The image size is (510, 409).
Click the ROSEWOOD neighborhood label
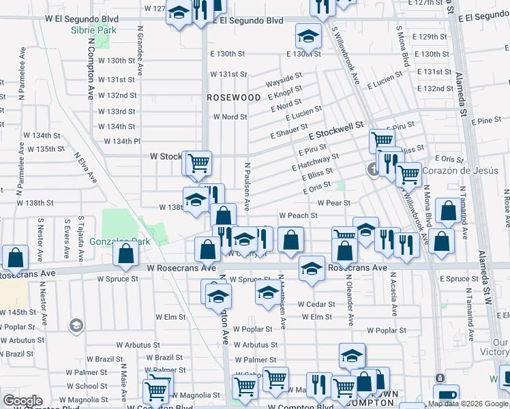point(234,97)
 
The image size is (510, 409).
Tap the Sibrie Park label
point(93,31)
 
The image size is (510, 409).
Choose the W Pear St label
point(333,202)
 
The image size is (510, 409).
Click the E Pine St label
point(486,121)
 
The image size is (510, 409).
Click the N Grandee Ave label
point(140,50)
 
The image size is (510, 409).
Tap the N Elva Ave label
point(89,166)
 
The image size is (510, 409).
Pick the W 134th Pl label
point(122,141)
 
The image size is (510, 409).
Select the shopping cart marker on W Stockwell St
point(198,162)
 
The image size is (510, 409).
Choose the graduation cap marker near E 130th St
point(308,35)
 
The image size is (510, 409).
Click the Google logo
point(22,401)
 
